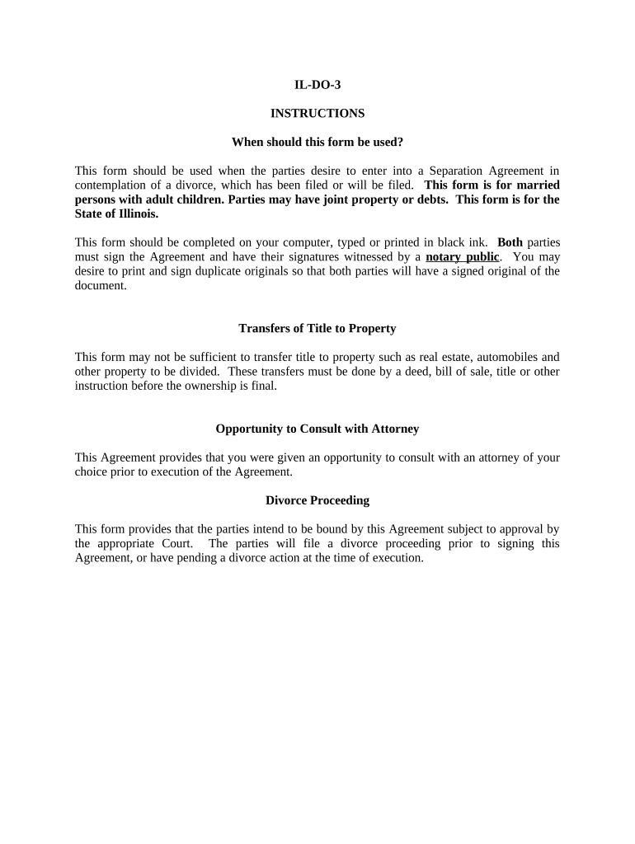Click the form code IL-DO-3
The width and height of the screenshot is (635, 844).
(317, 84)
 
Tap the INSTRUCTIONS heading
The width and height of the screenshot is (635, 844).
(317, 113)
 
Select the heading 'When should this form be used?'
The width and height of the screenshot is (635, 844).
(317, 142)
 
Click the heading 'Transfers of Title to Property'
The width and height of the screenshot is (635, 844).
(317, 328)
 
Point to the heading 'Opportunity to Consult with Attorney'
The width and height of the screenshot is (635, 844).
(317, 429)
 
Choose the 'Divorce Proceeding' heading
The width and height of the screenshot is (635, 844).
(317, 500)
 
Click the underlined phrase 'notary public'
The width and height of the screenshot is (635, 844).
(462, 256)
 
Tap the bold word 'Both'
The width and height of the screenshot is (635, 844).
(510, 242)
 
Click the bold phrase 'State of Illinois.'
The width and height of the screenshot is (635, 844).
(116, 213)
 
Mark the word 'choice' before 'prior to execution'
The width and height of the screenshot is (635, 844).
(92, 471)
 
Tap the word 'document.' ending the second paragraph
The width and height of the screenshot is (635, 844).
(101, 284)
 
